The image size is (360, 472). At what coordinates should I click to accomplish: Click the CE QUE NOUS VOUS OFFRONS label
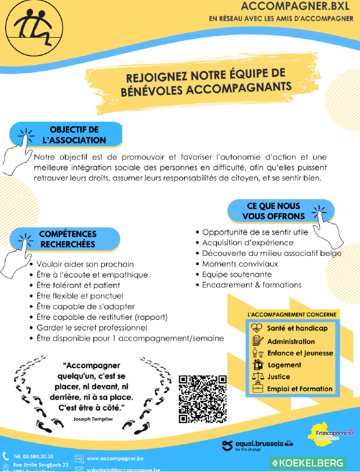coord(274,211)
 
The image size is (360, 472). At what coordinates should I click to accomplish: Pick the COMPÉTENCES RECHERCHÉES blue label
coord(67,239)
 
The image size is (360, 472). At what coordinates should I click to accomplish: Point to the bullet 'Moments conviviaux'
coord(232,264)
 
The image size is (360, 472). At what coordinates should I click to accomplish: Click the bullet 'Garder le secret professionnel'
coord(92,327)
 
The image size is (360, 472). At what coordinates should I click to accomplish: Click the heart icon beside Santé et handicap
coord(257,328)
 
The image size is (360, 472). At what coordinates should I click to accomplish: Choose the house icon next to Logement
coord(257,364)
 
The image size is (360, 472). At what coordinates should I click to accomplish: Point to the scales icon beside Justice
coord(257,377)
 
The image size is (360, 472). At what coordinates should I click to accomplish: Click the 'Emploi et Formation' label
coord(300,388)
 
